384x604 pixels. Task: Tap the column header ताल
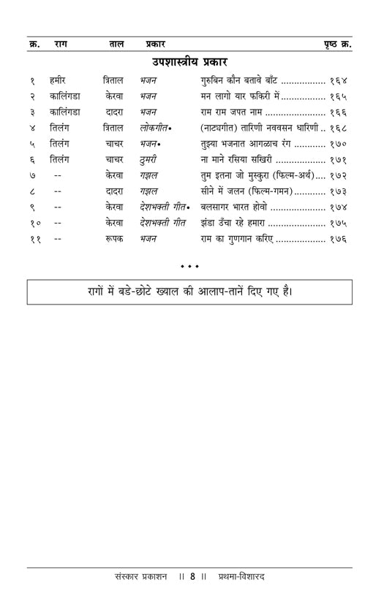[x=116, y=44]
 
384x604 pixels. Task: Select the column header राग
[x=61, y=44]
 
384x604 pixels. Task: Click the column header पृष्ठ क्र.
[x=337, y=44]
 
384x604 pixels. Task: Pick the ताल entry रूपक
[x=114, y=239]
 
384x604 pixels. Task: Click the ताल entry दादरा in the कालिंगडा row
[x=114, y=112]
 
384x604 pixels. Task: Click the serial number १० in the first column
[x=35, y=223]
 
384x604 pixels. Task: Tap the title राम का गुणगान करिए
[x=236, y=239]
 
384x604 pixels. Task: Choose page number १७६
[x=337, y=239]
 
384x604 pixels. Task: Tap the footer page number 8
[x=192, y=576]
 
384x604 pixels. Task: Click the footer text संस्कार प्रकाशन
[x=137, y=576]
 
